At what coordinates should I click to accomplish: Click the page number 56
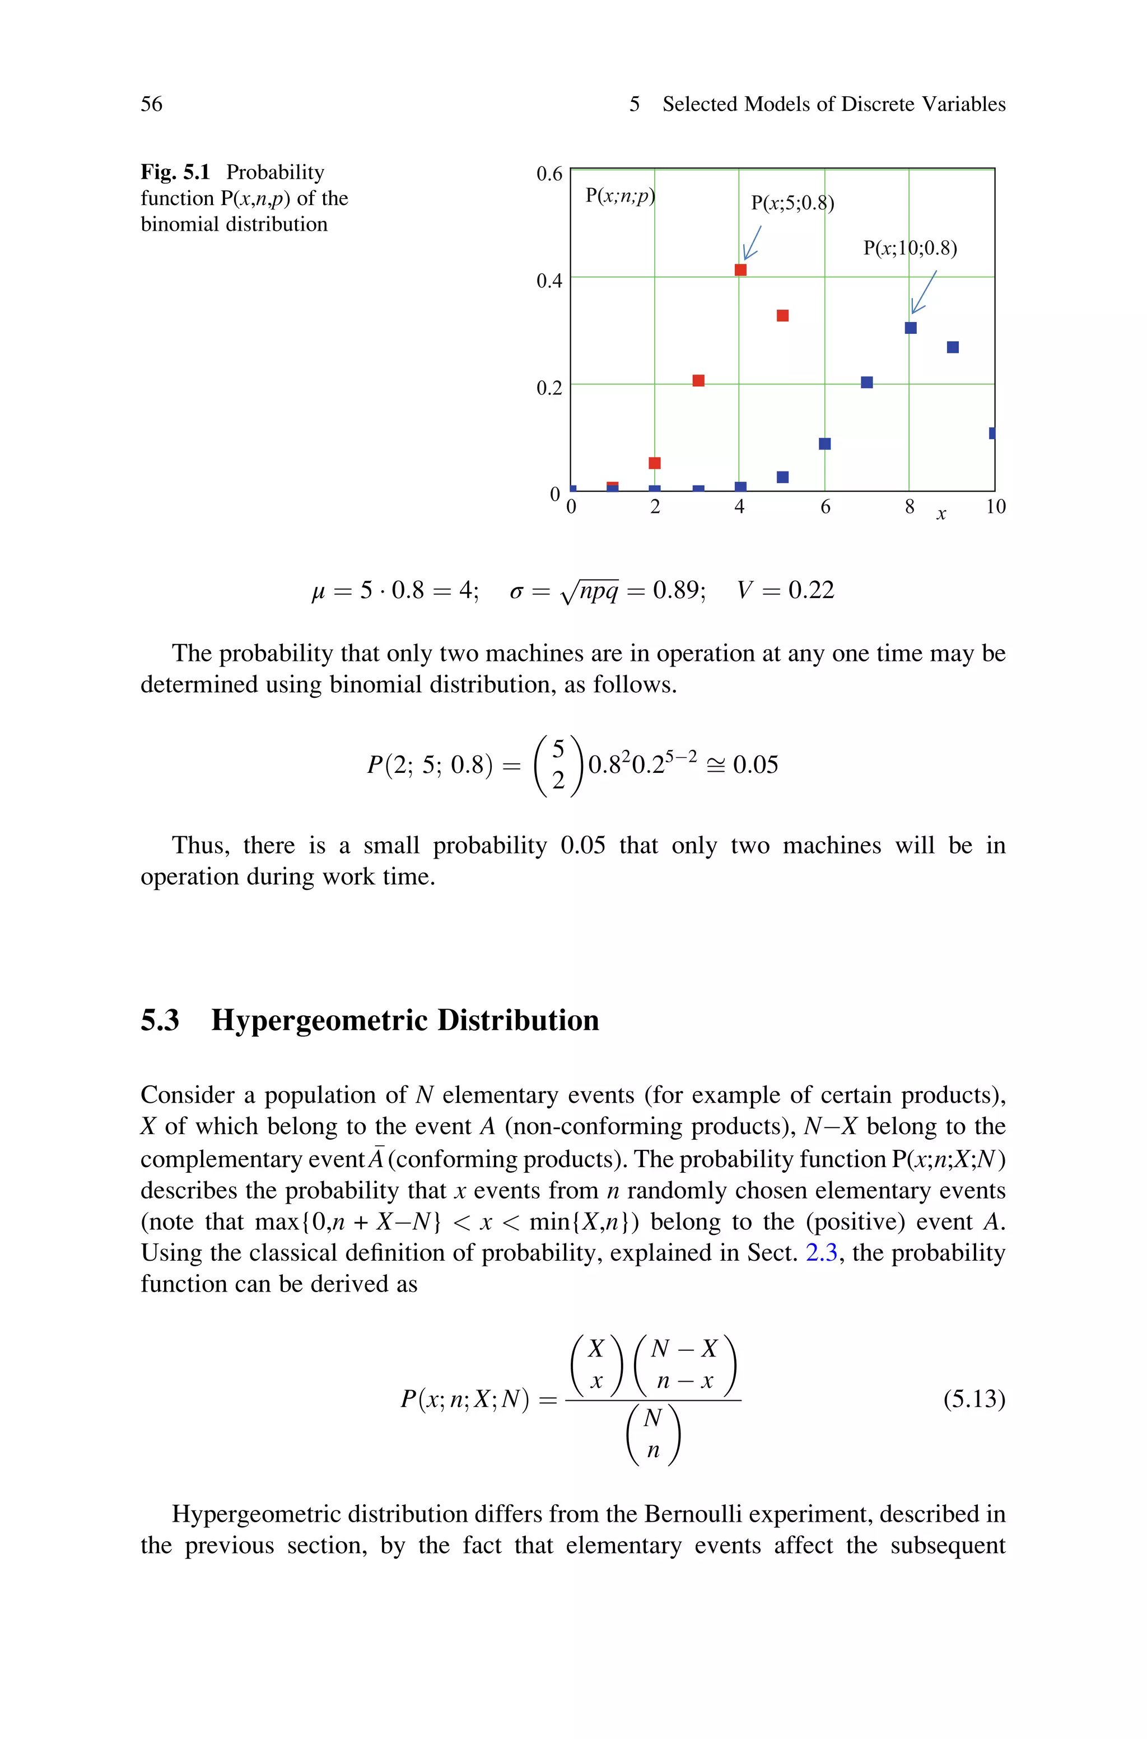click(x=151, y=104)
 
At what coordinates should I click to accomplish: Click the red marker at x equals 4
click(x=740, y=270)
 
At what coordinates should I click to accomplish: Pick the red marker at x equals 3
click(x=698, y=380)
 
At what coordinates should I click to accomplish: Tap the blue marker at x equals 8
click(x=911, y=328)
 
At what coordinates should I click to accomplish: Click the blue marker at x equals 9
click(x=953, y=347)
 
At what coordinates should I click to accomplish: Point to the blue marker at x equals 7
click(x=867, y=383)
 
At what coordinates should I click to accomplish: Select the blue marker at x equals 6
click(x=824, y=444)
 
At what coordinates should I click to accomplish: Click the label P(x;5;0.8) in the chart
click(x=792, y=203)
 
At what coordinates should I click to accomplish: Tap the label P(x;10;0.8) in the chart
click(x=910, y=248)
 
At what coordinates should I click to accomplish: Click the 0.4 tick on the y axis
click(x=549, y=281)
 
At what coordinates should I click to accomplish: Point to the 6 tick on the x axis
click(x=825, y=507)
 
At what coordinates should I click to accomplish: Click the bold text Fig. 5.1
click(x=175, y=172)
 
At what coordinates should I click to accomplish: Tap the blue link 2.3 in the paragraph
click(x=820, y=1253)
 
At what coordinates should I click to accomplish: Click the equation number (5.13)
click(x=973, y=1399)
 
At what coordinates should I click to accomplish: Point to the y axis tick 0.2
click(x=549, y=388)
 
